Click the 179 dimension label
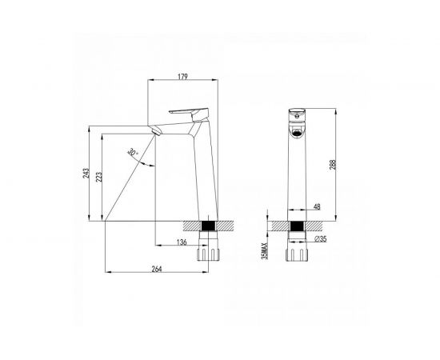[182, 76]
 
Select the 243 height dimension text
[86, 173]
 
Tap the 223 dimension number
[98, 177]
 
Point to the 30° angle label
[133, 152]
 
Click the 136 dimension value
[182, 242]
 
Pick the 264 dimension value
[157, 269]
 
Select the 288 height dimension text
[333, 165]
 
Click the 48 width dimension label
[317, 206]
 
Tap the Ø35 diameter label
[321, 238]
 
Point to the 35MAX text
[265, 251]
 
